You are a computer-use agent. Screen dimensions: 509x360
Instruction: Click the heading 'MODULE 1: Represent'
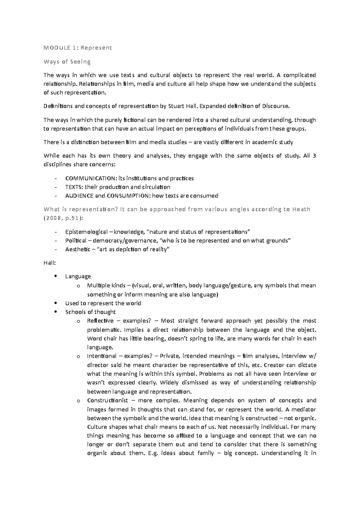click(x=77, y=48)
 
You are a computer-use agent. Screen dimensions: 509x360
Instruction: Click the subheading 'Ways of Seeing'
click(x=67, y=62)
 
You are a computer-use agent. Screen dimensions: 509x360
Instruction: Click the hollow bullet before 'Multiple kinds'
click(x=79, y=286)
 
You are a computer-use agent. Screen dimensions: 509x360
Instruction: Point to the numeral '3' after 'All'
click(x=314, y=156)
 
